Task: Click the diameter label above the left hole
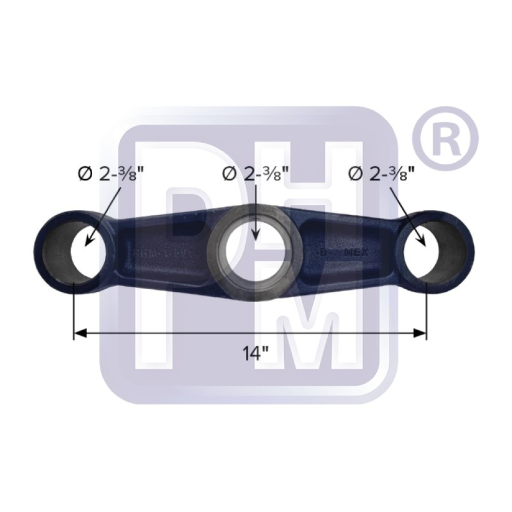click(x=108, y=174)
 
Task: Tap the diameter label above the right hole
click(x=381, y=174)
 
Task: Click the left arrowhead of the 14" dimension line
click(x=78, y=334)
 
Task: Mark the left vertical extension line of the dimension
click(x=74, y=307)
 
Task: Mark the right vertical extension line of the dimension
click(x=426, y=307)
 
